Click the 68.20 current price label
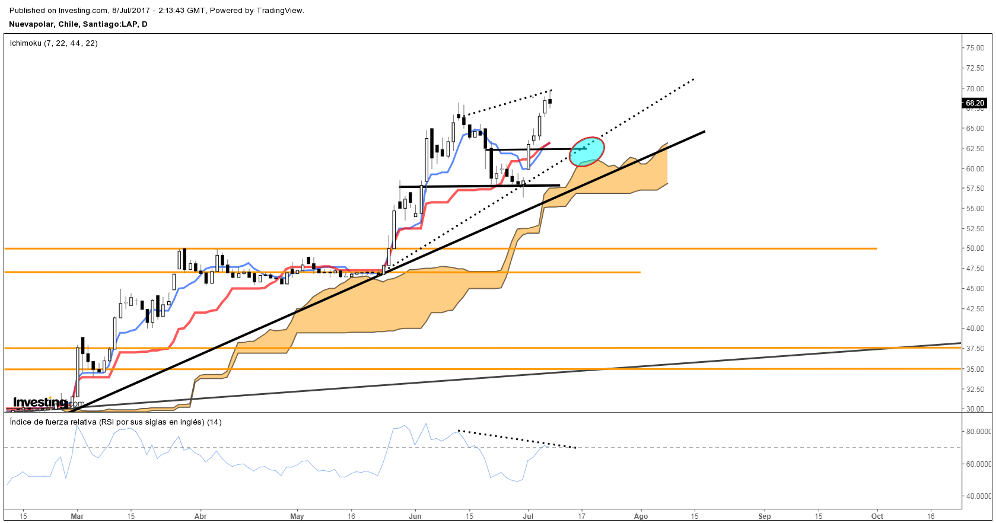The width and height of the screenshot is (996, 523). point(975,103)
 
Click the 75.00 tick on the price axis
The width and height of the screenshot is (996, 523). point(975,48)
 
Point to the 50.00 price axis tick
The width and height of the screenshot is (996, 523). point(975,248)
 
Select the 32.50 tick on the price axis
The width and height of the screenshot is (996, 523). point(975,389)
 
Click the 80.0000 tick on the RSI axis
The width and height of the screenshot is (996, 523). point(979,432)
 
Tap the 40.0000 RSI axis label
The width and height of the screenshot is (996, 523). point(979,496)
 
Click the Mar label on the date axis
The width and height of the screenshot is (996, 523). point(77,516)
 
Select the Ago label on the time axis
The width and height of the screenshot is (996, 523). point(641,516)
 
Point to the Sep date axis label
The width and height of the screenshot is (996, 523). point(765,516)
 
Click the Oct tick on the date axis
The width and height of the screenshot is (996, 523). point(877,516)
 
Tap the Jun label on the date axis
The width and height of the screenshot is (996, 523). point(415,516)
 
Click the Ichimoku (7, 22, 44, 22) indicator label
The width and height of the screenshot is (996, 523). point(54,43)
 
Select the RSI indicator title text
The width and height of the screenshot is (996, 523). point(116,422)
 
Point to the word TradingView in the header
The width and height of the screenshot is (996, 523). point(279,11)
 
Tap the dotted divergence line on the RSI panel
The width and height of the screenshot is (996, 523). point(516,439)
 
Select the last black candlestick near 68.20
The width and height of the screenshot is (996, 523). point(550,101)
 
